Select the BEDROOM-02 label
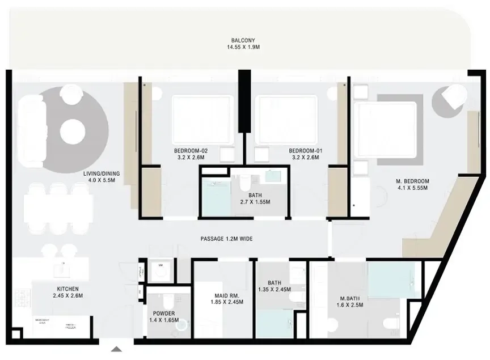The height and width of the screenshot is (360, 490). pos(191,151)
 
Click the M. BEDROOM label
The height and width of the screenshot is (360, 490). pos(412,181)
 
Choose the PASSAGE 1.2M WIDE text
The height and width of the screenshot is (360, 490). pos(226,239)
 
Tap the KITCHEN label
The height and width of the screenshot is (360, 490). pos(67,289)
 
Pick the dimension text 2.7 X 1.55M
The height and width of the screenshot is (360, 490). pos(255,202)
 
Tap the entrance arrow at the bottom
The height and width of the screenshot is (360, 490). pos(116,349)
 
